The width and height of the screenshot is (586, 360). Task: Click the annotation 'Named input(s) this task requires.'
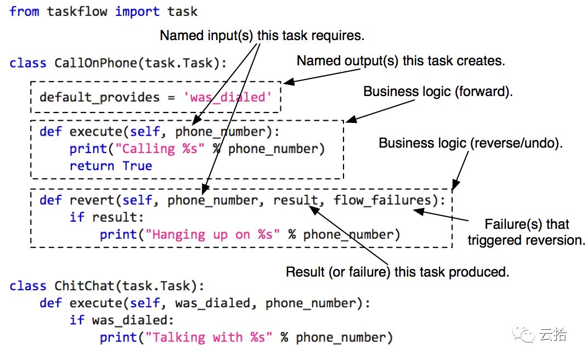262,36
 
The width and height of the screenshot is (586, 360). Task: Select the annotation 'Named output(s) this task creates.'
401,61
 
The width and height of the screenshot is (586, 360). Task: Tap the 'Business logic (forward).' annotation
438,92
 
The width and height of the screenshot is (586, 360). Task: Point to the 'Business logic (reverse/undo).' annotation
471,143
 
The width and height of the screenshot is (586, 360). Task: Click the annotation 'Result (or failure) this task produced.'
398,272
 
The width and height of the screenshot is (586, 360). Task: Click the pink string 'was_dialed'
228,98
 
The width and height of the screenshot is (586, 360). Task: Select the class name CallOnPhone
95,63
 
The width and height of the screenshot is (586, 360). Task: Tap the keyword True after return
137,166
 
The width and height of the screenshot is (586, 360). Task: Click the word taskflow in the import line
76,12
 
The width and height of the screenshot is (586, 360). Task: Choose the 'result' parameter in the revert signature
295,200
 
